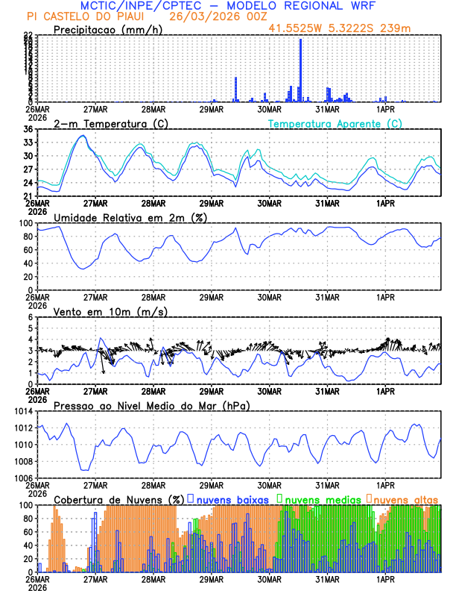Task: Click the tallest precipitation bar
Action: [300, 70]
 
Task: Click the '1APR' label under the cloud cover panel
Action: [386, 579]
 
